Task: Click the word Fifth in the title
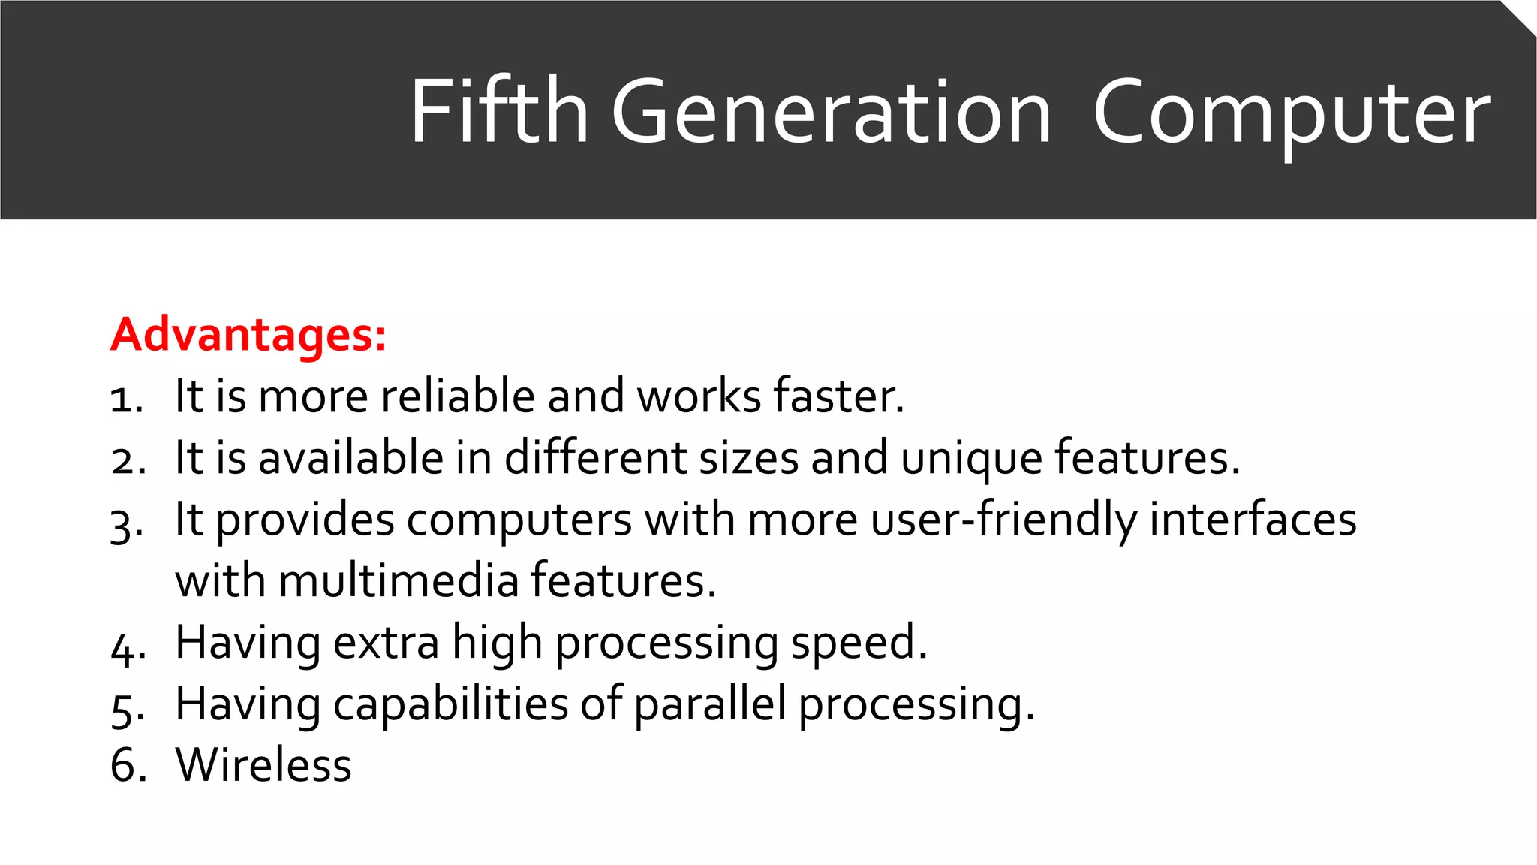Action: click(498, 112)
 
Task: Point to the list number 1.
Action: click(125, 399)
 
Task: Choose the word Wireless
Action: click(263, 765)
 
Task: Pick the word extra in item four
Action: click(386, 643)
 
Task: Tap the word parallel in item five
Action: click(710, 704)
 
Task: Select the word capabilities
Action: click(450, 704)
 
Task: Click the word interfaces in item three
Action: click(1253, 520)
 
